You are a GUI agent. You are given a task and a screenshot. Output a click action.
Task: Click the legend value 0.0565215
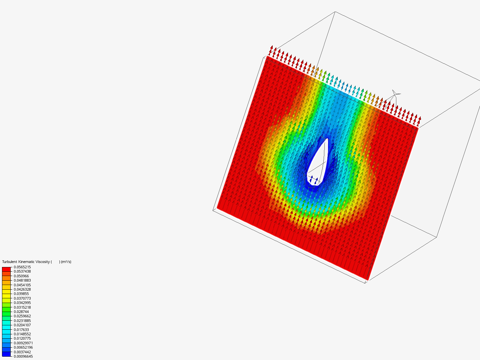point(22,267)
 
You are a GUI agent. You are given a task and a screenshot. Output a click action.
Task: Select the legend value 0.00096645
point(23,357)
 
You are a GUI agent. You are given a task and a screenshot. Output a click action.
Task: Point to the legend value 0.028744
point(21,312)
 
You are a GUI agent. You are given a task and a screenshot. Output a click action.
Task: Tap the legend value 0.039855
point(21,294)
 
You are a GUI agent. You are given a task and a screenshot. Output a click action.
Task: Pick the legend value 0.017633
point(21,330)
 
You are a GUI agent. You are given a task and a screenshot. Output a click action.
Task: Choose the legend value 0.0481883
point(22,280)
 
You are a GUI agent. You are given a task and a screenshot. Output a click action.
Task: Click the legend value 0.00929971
point(23,343)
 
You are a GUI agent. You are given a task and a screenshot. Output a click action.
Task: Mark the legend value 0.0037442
point(22,352)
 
